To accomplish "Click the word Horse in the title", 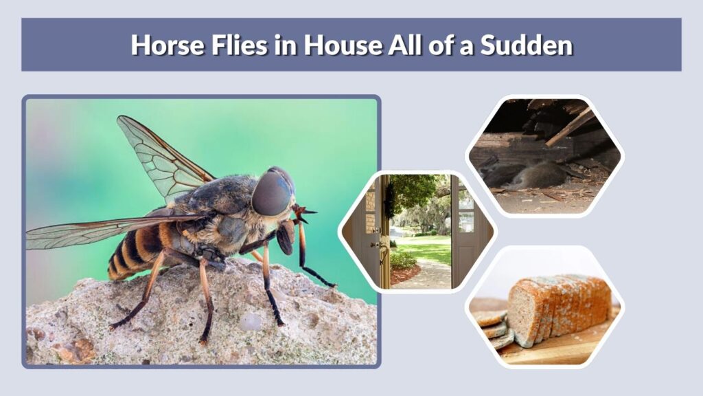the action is pyautogui.click(x=168, y=45).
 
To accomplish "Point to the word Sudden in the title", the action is pyautogui.click(x=527, y=45).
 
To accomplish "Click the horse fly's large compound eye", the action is pyautogui.click(x=272, y=192).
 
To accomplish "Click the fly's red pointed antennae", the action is pyautogui.click(x=304, y=213).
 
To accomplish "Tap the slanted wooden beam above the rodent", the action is pyautogui.click(x=570, y=126).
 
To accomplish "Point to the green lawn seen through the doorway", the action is pyautogui.click(x=424, y=250).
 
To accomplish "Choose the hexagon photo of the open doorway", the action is pyautogui.click(x=417, y=232).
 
